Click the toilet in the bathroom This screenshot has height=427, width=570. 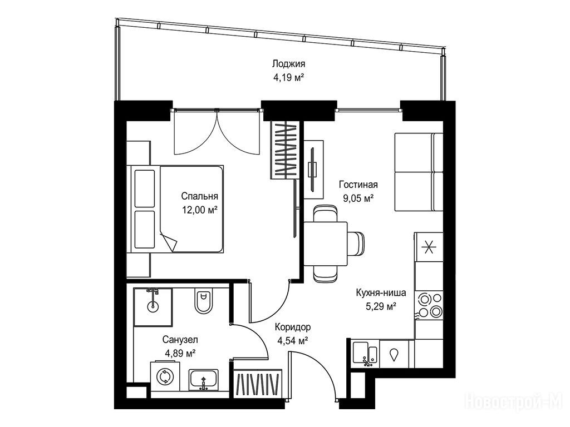pyautogui.click(x=203, y=301)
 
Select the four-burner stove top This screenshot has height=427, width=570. pyautogui.click(x=429, y=305)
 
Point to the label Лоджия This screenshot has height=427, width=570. pyautogui.click(x=289, y=64)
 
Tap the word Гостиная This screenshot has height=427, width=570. pyautogui.click(x=358, y=185)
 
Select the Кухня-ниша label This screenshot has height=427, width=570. pyautogui.click(x=381, y=292)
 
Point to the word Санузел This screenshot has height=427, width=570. pyautogui.click(x=180, y=340)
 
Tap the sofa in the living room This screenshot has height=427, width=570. pyautogui.click(x=419, y=172)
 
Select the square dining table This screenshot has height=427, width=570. pyautogui.click(x=325, y=244)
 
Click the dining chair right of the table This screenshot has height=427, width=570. pyautogui.click(x=356, y=244)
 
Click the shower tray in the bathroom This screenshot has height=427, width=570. pyautogui.click(x=153, y=307)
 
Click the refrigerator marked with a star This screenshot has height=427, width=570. pyautogui.click(x=429, y=246)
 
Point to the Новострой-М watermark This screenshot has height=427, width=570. pyautogui.click(x=514, y=401)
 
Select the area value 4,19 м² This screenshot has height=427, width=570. pyautogui.click(x=289, y=77)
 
